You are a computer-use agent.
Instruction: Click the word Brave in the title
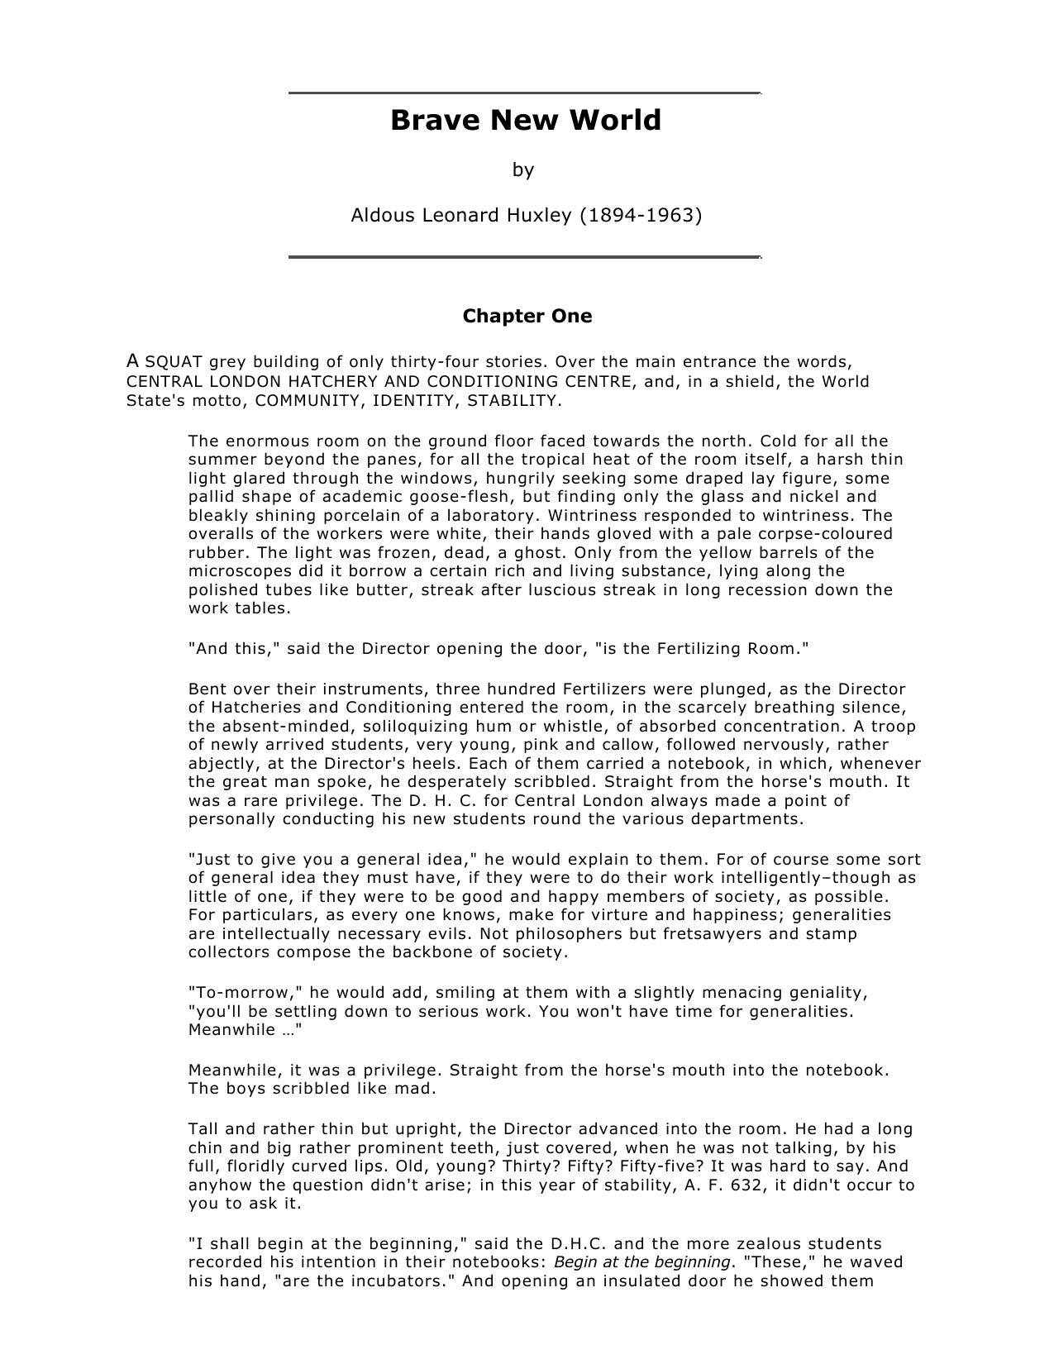click(x=435, y=121)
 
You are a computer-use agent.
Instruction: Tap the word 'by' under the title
click(x=523, y=170)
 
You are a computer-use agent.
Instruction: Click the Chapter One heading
click(x=527, y=317)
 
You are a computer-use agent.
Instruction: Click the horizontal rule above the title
click(x=524, y=93)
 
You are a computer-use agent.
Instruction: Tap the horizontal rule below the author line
click(x=524, y=258)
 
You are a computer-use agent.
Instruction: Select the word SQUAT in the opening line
click(x=174, y=362)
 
